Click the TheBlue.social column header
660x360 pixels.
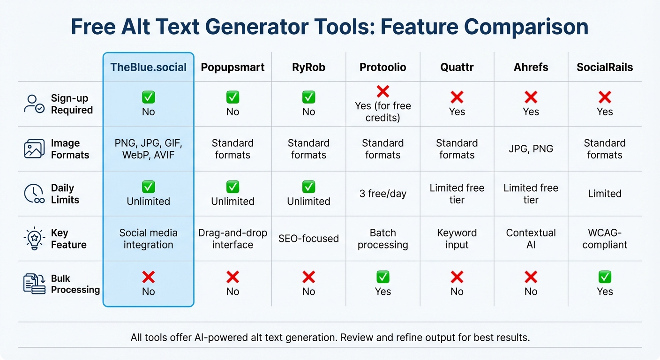pos(148,67)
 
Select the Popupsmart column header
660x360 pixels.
pos(232,67)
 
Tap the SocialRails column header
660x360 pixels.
pos(605,67)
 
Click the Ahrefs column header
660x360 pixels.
pos(531,67)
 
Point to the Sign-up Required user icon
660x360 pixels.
pos(34,104)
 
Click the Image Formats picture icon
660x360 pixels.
pos(34,149)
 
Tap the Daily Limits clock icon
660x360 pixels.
pos(34,194)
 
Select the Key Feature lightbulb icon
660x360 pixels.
pos(34,239)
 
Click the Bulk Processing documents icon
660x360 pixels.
pos(34,284)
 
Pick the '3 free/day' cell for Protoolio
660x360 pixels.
pos(382,194)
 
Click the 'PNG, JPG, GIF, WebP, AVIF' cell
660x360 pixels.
pos(148,149)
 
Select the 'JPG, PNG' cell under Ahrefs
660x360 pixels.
pos(531,149)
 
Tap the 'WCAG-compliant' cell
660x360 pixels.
pos(605,239)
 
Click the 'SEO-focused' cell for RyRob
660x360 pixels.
pos(308,239)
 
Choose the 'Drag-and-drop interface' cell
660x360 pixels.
pos(232,239)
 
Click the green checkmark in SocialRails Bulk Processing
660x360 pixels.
pos(605,277)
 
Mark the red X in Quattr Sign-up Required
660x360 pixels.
pos(457,97)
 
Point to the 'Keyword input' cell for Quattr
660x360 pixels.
pos(457,239)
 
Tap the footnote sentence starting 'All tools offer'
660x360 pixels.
pos(330,337)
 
